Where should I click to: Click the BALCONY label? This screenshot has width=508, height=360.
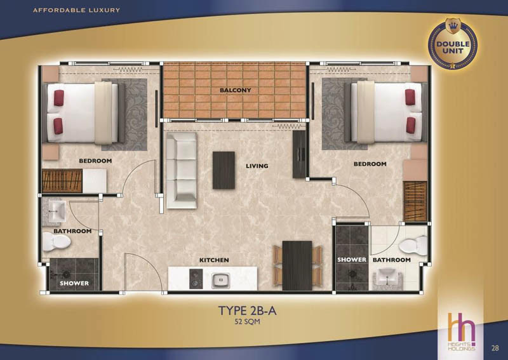coord(235,90)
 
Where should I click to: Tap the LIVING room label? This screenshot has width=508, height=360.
coord(257,166)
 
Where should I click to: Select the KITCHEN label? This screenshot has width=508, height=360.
coord(214,260)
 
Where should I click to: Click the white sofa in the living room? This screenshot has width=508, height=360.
coord(182,170)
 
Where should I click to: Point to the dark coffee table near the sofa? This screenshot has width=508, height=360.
coord(224,170)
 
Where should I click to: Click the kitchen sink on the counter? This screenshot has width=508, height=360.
coord(220,280)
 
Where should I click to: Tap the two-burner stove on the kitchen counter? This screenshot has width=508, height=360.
coord(196,279)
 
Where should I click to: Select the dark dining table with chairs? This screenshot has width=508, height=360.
coord(297,265)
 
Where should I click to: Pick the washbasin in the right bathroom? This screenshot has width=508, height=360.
coord(388,279)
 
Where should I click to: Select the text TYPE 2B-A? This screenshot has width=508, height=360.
coord(247,310)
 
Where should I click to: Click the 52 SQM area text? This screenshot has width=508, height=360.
coord(247,322)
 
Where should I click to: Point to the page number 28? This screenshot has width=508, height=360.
coord(495,348)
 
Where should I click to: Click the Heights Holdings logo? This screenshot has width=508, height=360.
coord(462,331)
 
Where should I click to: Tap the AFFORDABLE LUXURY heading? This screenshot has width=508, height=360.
coord(76,10)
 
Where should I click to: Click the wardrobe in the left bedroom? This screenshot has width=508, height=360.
coord(62,181)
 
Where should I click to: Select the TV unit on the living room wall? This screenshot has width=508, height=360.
coord(299,154)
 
